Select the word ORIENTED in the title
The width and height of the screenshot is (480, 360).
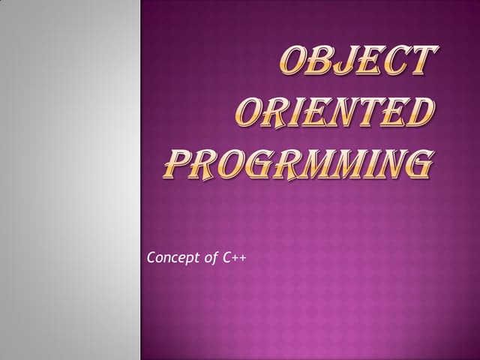[x=334, y=113]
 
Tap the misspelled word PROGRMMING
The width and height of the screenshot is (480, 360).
[x=298, y=163]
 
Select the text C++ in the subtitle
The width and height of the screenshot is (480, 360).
[x=235, y=259]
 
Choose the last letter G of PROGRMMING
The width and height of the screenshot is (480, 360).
[x=417, y=163]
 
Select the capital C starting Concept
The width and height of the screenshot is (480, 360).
[x=152, y=259]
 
